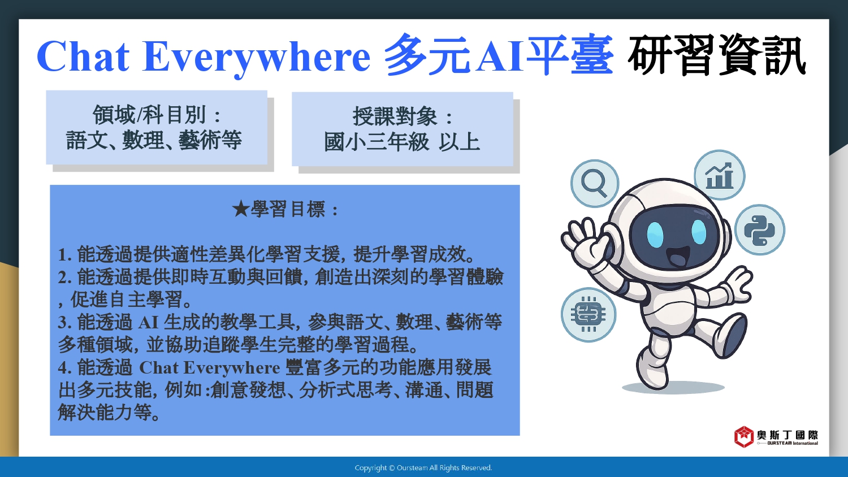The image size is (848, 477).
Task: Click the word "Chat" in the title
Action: (83, 57)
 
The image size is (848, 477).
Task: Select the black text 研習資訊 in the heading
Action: (717, 55)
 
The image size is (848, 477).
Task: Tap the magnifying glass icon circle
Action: (595, 184)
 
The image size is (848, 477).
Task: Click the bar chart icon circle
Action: (719, 175)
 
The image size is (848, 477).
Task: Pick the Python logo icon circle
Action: (759, 230)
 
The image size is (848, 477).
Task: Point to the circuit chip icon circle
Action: (589, 315)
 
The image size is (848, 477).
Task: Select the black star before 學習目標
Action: (240, 209)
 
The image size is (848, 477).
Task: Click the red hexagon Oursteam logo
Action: (743, 436)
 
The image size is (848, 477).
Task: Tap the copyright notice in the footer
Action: (423, 468)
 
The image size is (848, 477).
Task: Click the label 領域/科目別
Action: (149, 115)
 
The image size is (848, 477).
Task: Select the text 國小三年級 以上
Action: (402, 142)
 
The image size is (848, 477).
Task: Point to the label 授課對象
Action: (395, 116)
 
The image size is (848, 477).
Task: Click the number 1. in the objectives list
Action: (65, 255)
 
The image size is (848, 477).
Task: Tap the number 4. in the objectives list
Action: (65, 368)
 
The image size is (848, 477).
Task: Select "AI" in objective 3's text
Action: (148, 323)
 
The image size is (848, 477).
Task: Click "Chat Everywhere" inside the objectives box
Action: (210, 368)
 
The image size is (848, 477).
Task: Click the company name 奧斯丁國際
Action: (788, 435)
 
